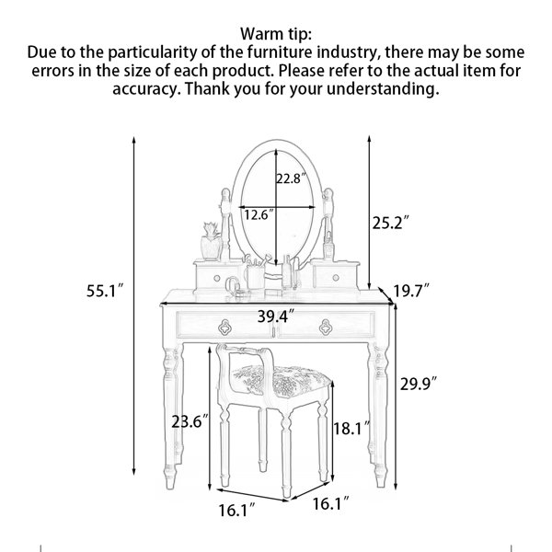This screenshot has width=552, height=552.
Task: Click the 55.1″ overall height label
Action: coord(105,291)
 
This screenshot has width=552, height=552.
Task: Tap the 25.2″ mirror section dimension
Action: coord(391,223)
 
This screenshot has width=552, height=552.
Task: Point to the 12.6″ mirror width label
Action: coord(259,214)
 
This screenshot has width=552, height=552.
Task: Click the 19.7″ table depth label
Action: coord(411,291)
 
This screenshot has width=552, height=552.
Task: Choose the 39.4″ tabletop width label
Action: coord(276,316)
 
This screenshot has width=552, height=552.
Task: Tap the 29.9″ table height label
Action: coord(419,384)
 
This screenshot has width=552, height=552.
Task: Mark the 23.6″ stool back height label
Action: coord(190,421)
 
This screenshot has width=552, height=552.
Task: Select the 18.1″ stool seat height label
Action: coord(351,428)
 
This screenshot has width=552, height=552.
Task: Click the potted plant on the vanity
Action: coord(211,242)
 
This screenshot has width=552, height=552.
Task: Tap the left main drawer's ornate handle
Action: coord(224,328)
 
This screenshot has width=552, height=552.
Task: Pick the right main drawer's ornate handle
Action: coord(326,328)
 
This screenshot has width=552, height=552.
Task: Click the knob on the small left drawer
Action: coord(217,278)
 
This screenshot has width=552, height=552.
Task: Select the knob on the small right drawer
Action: coord(336,278)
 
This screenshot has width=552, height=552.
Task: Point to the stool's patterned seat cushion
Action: coord(282,380)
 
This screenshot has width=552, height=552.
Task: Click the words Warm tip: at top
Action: coord(276,34)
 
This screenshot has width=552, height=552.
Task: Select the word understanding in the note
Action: coord(383,88)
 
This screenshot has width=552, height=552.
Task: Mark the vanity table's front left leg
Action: coord(172,417)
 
